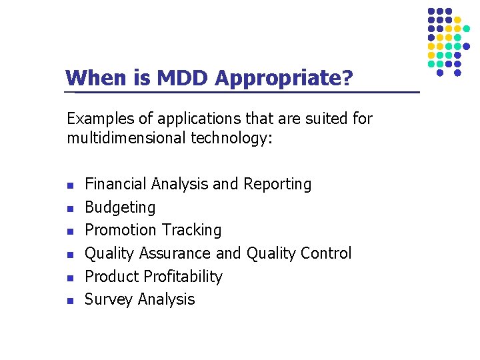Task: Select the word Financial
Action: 116,184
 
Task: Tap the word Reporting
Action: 277,184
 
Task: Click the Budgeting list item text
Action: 120,207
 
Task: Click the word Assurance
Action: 175,253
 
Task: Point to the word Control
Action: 325,253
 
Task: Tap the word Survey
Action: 109,299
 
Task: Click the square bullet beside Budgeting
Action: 70,208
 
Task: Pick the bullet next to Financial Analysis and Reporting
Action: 70,185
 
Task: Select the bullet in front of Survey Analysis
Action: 70,300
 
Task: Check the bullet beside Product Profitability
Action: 70,277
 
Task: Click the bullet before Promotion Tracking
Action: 70,231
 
